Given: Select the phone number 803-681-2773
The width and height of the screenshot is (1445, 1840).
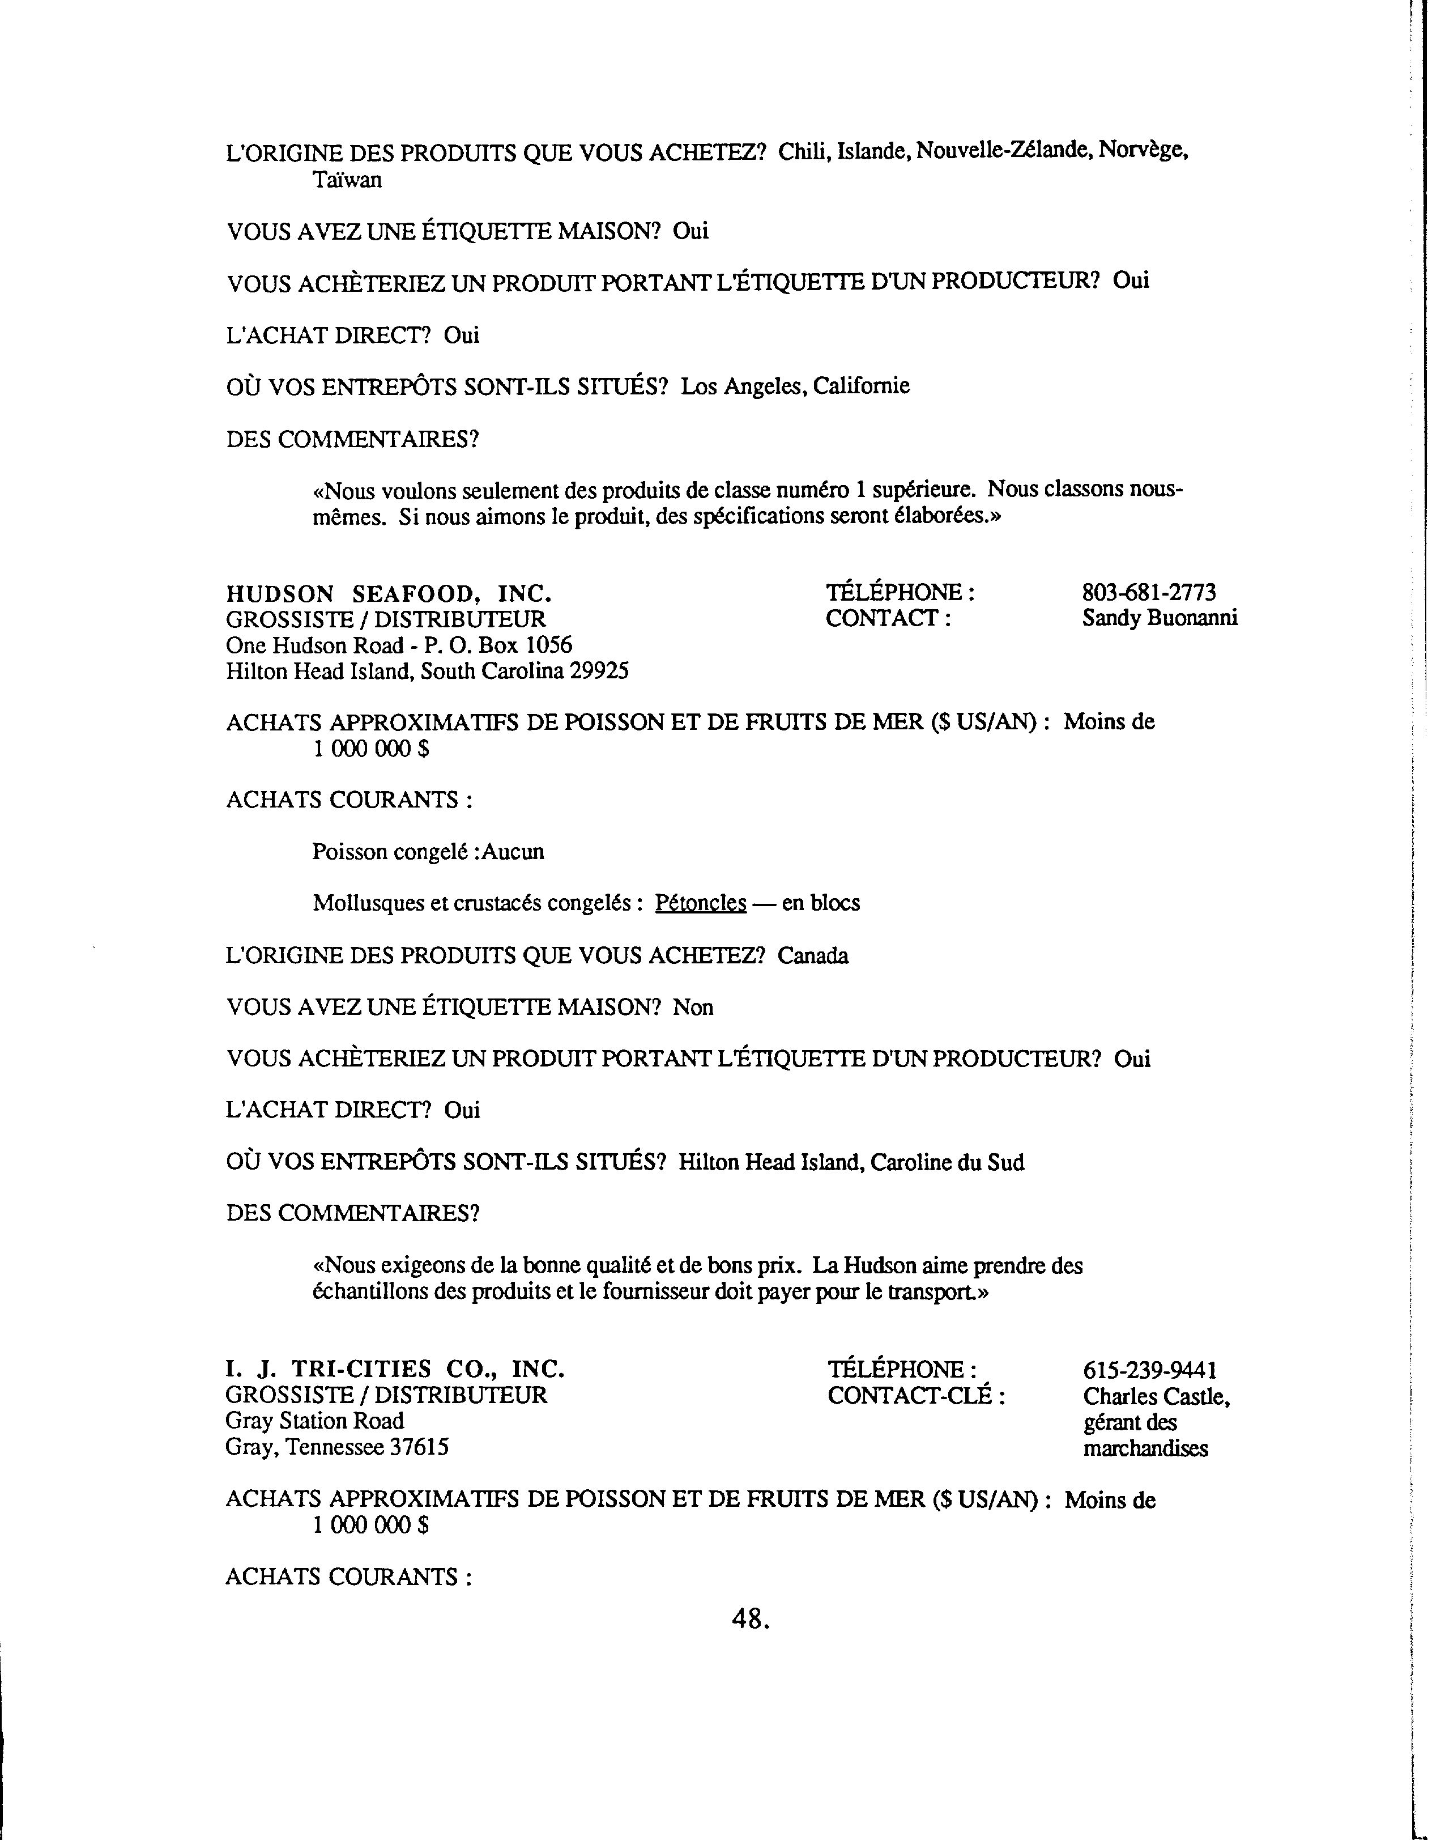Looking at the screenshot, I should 1149,592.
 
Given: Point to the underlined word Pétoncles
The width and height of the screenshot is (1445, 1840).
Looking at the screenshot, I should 701,903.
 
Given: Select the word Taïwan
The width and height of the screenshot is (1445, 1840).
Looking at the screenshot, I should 347,180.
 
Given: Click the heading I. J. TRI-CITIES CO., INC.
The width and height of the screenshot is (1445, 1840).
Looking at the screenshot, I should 394,1370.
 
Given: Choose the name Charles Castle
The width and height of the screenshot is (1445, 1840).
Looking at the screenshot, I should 1155,1396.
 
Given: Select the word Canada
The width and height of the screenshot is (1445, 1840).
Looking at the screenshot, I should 812,955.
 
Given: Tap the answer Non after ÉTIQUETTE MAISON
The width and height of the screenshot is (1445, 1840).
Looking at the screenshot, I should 693,1007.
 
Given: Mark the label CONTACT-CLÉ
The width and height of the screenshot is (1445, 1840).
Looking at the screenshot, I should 915,1396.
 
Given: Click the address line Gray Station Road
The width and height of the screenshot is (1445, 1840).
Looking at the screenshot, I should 315,1421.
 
